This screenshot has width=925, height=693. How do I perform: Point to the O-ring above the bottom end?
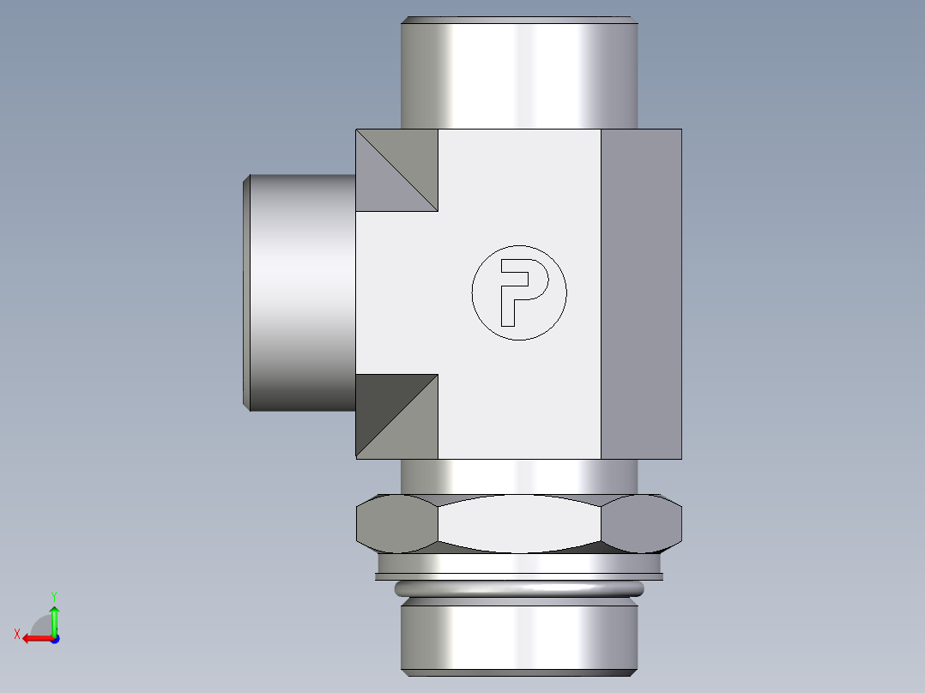coord(519,589)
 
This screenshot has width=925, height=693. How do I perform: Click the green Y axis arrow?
coord(54,618)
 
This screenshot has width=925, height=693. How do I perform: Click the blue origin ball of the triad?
coord(54,638)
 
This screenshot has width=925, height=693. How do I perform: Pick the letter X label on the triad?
coord(16,634)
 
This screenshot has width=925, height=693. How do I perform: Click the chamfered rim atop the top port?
coord(519,19)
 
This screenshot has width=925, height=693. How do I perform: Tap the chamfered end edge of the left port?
coord(246,292)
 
